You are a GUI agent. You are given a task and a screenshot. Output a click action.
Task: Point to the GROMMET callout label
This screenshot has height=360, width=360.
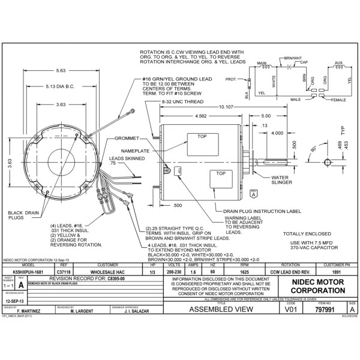coord(126,139)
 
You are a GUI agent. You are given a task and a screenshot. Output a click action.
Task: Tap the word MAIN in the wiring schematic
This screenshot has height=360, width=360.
coord(261,62)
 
